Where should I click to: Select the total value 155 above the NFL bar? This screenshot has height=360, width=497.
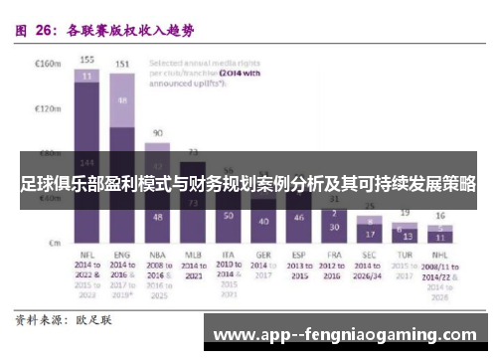87,59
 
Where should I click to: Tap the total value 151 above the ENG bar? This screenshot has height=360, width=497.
122,65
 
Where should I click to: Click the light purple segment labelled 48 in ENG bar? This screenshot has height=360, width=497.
122,100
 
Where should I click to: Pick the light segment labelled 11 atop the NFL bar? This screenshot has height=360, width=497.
87,75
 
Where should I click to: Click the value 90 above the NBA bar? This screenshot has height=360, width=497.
157,132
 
